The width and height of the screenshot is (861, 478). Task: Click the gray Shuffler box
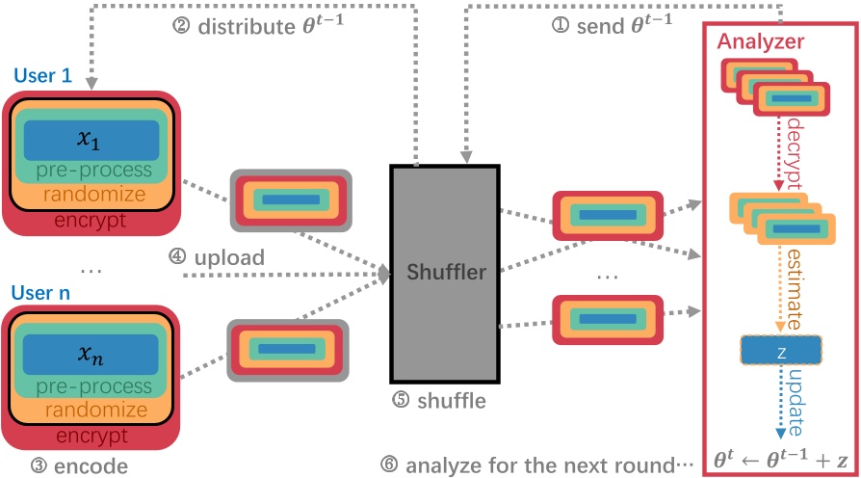point(444,274)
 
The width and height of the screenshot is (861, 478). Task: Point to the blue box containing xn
point(91,356)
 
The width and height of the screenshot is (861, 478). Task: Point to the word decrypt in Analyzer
point(799,154)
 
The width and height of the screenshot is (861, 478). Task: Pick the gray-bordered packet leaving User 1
point(289,200)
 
